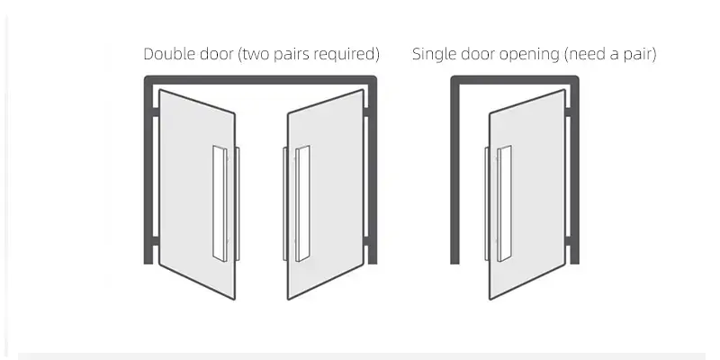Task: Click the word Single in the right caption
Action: tap(434, 54)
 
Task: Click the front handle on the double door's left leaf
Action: tap(220, 204)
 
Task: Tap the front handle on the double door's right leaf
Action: tap(302, 204)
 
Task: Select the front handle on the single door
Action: tap(504, 204)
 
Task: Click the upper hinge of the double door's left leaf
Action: tap(155, 112)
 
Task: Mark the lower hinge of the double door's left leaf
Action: tap(155, 241)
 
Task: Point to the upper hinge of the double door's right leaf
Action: tap(366, 112)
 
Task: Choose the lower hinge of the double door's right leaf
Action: tap(366, 241)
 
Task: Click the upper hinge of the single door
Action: tap(568, 112)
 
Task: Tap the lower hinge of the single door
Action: tap(568, 241)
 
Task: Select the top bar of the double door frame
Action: tap(260, 80)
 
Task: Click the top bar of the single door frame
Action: tap(515, 80)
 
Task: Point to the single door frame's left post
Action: tap(454, 170)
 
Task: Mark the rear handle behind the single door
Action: tap(487, 204)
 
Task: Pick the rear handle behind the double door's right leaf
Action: tap(285, 204)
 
